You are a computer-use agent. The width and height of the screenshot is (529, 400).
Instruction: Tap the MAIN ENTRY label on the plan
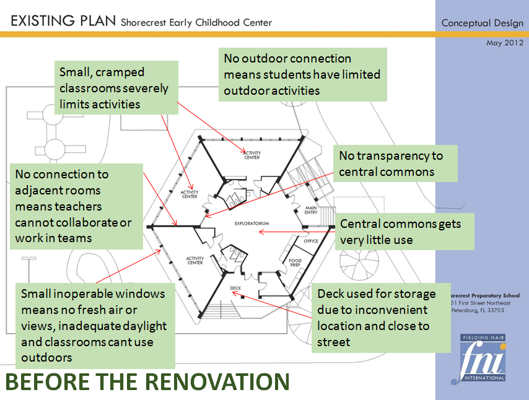pos(311,210)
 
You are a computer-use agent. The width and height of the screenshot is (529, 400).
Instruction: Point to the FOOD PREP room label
pos(295,263)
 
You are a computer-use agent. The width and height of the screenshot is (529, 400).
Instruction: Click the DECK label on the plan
pos(235,288)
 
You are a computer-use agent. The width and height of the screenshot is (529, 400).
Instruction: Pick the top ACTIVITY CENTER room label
pos(251,155)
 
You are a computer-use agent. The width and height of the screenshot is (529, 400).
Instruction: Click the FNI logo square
pos(483,357)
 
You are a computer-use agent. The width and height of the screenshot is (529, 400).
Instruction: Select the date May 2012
pos(504,43)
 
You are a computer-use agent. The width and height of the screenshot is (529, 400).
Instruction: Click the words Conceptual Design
pos(482,23)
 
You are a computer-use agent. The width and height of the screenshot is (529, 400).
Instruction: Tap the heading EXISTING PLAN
pos(63,22)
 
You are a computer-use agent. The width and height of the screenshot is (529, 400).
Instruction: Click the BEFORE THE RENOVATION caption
pos(147,382)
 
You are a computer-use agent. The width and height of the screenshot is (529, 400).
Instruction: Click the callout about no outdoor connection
pos(303,74)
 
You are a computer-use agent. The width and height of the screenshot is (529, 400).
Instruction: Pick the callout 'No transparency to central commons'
pos(395,163)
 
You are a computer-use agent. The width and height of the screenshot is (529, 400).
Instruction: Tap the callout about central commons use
pos(404,231)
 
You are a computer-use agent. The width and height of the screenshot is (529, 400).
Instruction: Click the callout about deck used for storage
pos(380,318)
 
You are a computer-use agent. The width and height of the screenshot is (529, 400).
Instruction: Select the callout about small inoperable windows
pos(95,325)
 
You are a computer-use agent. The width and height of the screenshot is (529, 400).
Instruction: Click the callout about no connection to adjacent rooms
pos(76,206)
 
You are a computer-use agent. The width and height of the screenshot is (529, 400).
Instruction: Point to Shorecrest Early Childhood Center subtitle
pos(196,23)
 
